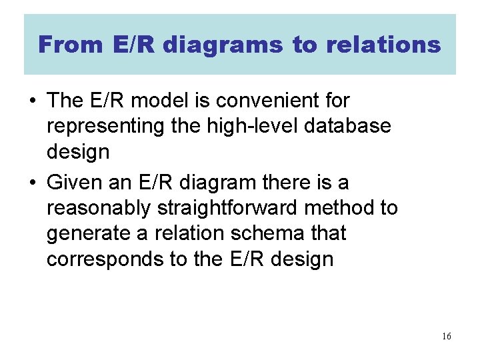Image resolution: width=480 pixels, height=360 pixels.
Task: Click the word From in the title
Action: pos(65,45)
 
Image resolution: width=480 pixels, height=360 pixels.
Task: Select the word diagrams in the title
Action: pos(223,45)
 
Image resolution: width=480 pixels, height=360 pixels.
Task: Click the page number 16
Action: pos(446,336)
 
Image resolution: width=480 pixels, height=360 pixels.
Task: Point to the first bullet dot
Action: pos(32,101)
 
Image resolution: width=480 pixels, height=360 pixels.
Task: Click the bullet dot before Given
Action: pos(32,183)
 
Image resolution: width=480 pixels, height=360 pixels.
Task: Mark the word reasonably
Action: pos(99,208)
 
